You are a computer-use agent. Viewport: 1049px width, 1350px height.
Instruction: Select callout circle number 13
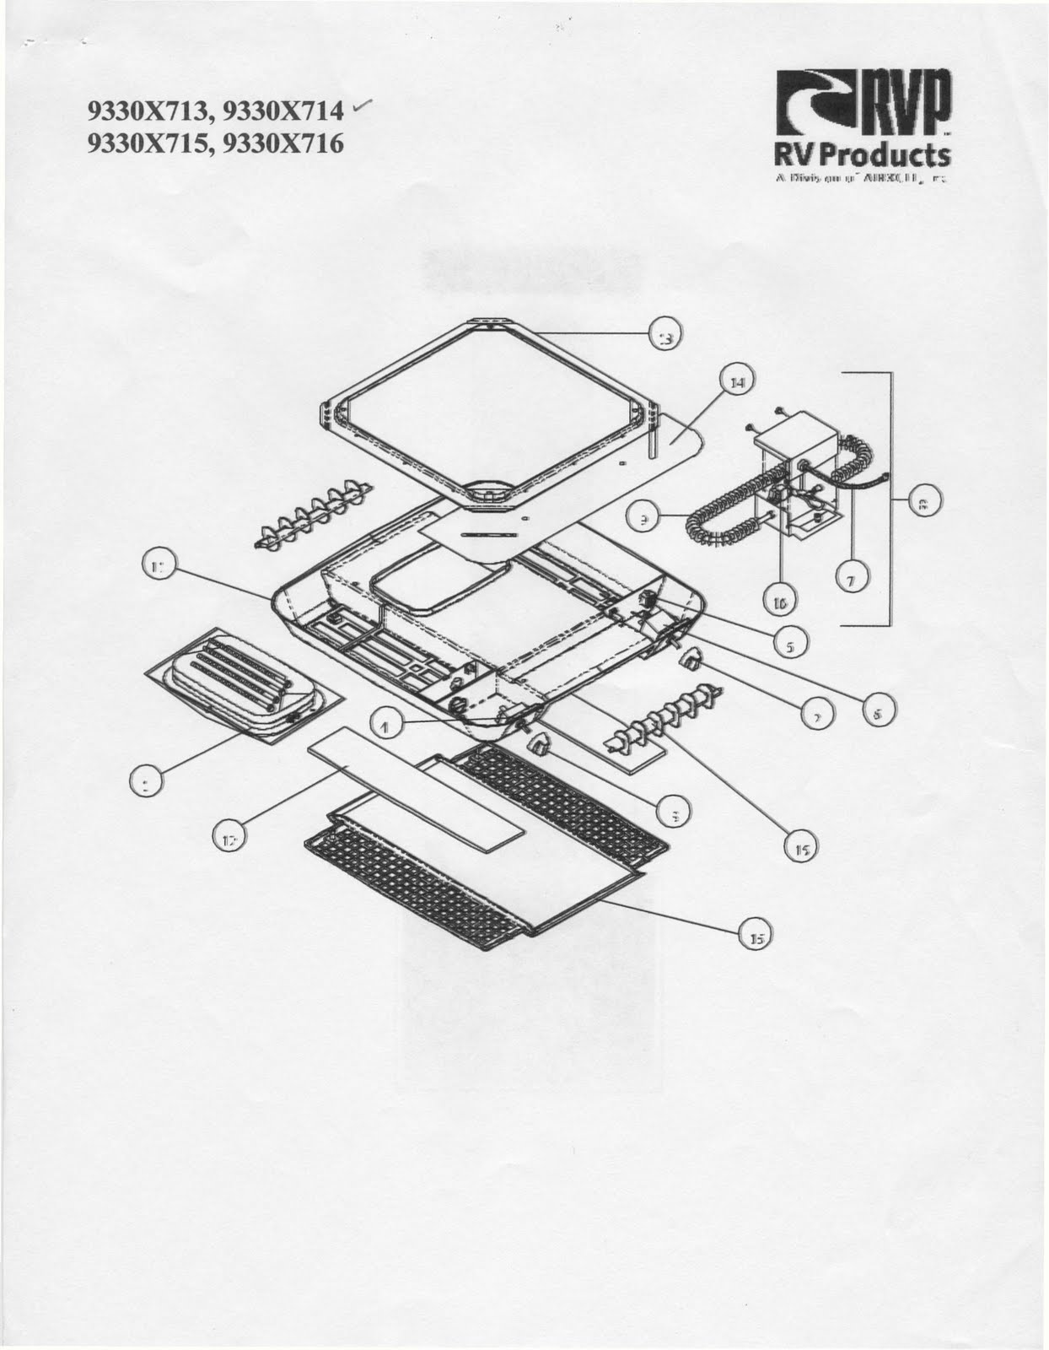click(x=665, y=337)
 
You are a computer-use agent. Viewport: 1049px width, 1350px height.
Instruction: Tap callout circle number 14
click(x=736, y=382)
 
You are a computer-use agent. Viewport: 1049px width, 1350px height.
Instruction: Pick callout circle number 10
click(x=780, y=602)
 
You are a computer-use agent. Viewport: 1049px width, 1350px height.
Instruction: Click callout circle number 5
click(x=790, y=647)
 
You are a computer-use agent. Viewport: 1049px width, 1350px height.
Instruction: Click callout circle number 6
click(x=877, y=714)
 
